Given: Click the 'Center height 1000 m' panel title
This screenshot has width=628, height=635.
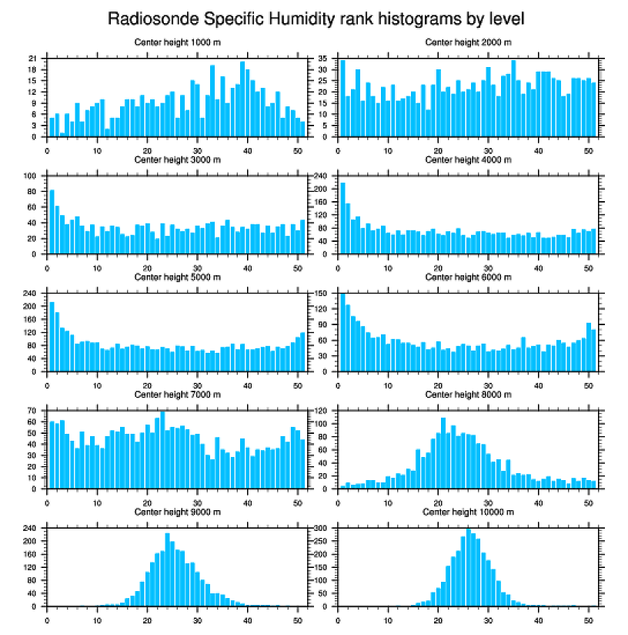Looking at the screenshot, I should (x=177, y=42).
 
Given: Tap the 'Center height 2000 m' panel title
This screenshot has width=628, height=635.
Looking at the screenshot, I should (x=468, y=42).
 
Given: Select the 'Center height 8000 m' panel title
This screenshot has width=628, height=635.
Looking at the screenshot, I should (x=468, y=395).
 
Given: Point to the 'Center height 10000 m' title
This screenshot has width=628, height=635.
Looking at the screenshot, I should (x=468, y=512).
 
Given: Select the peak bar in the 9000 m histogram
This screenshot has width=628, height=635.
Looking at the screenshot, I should (x=167, y=569).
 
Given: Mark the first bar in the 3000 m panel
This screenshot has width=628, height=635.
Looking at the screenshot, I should (x=52, y=222).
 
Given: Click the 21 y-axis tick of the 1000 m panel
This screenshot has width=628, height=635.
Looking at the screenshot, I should (x=33, y=59).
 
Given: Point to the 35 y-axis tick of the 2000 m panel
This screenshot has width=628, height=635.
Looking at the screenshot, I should (x=324, y=59).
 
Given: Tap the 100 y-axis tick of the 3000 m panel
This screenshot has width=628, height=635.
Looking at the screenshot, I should (x=32, y=176).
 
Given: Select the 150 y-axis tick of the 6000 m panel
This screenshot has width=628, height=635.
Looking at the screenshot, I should (x=322, y=294).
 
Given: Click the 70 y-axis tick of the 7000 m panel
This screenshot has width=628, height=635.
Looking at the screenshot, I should (x=33, y=412).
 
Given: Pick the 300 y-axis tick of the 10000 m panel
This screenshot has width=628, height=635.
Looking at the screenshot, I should (x=322, y=529).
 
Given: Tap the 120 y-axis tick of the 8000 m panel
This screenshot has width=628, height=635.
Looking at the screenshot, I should (x=322, y=412).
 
